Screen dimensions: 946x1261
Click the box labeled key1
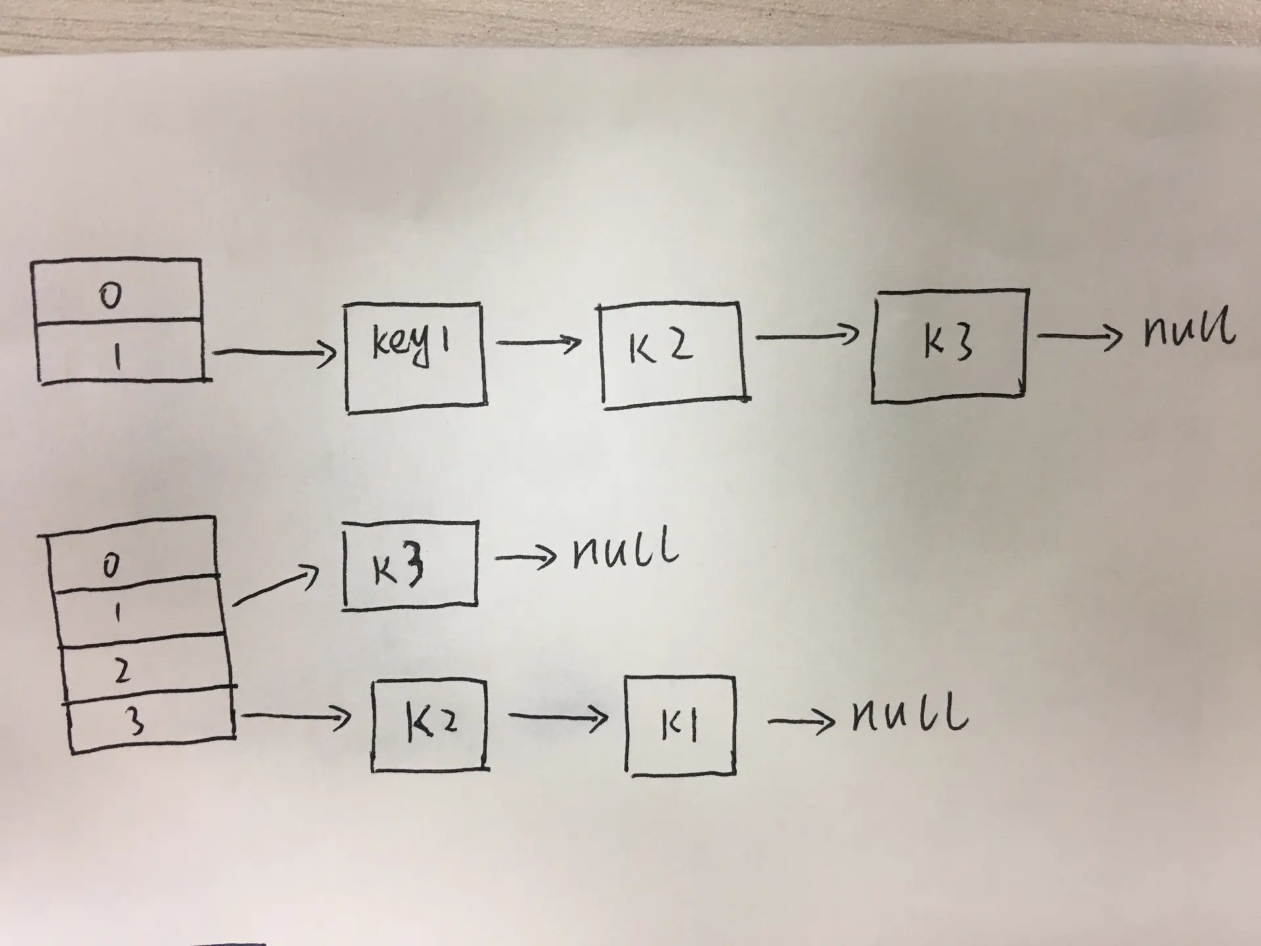(415, 358)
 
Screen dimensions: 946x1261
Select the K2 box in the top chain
(673, 355)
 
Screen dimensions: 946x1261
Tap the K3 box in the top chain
(948, 345)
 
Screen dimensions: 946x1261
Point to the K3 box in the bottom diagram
(410, 565)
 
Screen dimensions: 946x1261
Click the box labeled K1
(680, 726)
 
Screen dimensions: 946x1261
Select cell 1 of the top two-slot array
(118, 351)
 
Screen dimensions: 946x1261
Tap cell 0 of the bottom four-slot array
(131, 558)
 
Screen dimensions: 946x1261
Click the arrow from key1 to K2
(539, 342)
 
